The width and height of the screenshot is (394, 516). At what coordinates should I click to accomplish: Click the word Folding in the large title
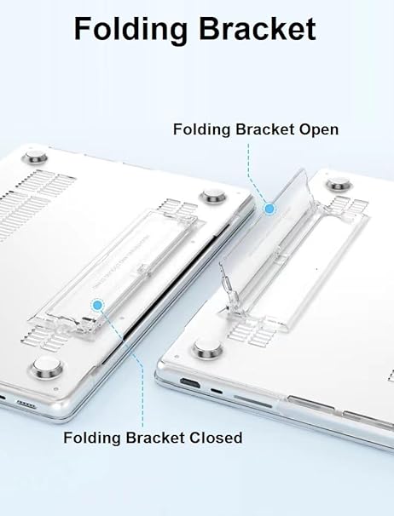(130, 30)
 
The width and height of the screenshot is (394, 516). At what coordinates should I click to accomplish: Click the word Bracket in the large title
(258, 29)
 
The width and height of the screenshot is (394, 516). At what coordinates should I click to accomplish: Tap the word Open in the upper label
(319, 130)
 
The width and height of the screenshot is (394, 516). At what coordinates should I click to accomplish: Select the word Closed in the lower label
(216, 438)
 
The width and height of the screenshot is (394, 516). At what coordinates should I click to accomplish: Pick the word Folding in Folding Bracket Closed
(91, 439)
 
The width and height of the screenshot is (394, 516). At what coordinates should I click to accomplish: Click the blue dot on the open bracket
(270, 209)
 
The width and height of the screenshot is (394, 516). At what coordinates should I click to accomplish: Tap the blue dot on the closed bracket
(97, 306)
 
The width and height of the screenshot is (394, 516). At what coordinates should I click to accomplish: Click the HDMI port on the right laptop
(190, 383)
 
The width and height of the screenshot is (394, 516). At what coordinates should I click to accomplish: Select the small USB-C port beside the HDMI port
(217, 391)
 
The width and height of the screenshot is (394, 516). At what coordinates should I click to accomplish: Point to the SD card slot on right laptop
(253, 402)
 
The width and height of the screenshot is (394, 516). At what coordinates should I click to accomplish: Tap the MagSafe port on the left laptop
(26, 404)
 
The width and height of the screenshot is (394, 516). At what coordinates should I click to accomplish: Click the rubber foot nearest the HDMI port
(208, 349)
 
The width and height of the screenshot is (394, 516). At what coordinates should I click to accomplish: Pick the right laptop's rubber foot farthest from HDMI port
(339, 184)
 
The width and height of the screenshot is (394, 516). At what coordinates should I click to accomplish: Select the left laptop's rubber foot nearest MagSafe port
(47, 366)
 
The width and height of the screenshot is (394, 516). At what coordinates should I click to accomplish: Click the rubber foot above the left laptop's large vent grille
(35, 158)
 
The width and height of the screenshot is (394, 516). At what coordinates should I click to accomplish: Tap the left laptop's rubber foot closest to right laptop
(213, 196)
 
